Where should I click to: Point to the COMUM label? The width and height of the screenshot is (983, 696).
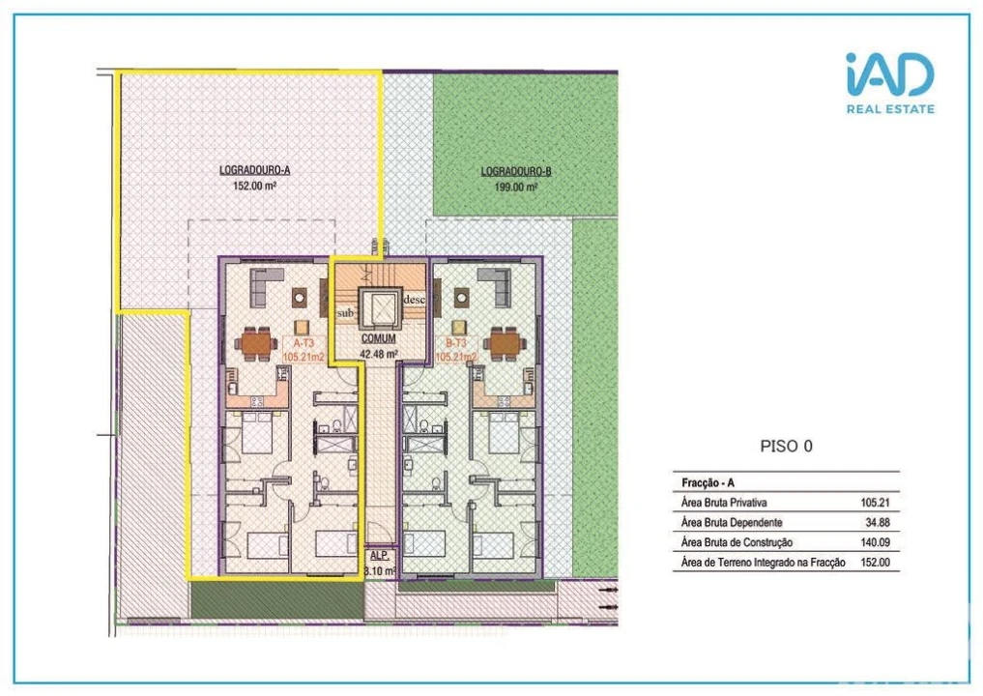pos(378,340)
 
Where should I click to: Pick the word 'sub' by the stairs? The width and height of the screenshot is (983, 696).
pos(345,314)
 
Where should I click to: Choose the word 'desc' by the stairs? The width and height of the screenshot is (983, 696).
pos(414,299)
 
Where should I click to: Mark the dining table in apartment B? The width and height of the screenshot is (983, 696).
pos(506,342)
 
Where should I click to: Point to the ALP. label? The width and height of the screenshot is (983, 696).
pos(379,557)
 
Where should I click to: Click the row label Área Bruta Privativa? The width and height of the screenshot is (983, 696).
pos(724,503)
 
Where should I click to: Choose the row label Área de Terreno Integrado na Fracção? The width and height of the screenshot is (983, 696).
pos(763,562)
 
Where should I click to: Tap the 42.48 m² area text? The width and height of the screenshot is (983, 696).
pos(378,354)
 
